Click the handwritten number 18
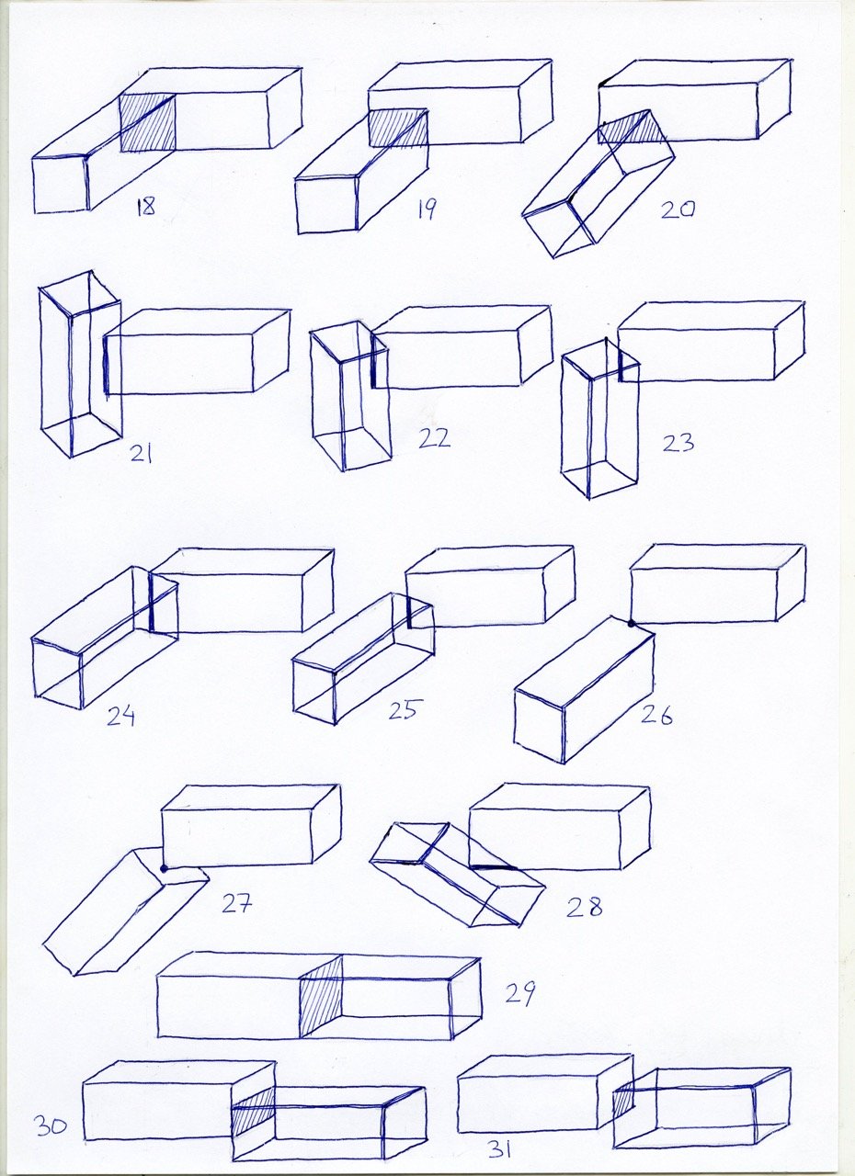pyautogui.click(x=145, y=207)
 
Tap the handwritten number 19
pyautogui.click(x=427, y=209)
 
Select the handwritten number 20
pyautogui.click(x=678, y=210)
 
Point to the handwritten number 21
pyautogui.click(x=141, y=453)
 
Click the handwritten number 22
pyautogui.click(x=434, y=438)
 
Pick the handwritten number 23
pyautogui.click(x=678, y=443)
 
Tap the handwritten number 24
pyautogui.click(x=120, y=716)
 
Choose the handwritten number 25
pyautogui.click(x=403, y=709)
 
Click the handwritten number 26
pyautogui.click(x=656, y=715)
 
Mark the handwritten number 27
pyautogui.click(x=237, y=903)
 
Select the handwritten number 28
pyautogui.click(x=584, y=907)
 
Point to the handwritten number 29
pyautogui.click(x=520, y=993)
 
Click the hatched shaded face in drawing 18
pyautogui.click(x=148, y=123)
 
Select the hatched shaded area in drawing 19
pyautogui.click(x=398, y=128)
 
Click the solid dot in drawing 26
pyautogui.click(x=632, y=623)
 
